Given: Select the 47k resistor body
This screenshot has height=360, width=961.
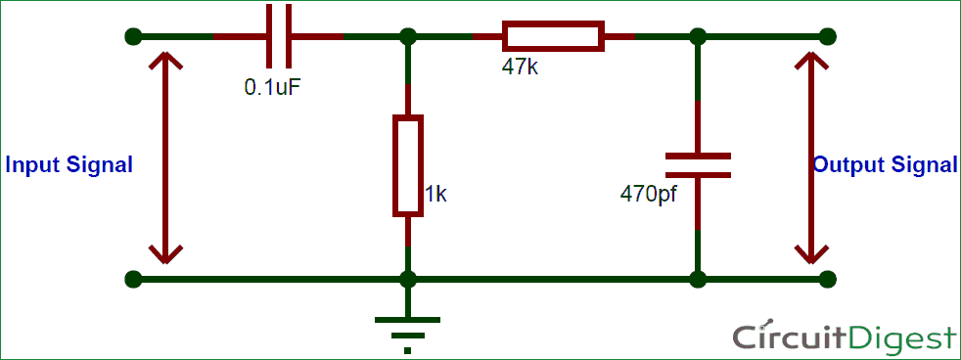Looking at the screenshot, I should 553,37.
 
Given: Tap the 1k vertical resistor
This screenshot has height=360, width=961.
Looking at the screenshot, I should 407,165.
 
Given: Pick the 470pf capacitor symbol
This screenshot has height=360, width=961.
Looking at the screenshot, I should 697,164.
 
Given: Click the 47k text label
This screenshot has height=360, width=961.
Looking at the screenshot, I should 521,69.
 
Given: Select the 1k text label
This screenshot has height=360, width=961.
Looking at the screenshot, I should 436,194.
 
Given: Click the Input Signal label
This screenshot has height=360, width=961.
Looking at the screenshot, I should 69,165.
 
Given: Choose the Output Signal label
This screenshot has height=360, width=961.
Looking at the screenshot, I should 886,165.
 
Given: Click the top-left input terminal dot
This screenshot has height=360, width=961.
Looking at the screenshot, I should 133,37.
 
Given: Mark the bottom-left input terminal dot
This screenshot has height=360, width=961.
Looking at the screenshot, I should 133,279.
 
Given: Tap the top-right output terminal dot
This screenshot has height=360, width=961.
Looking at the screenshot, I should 828,37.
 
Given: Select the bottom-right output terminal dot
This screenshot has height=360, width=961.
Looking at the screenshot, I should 828,279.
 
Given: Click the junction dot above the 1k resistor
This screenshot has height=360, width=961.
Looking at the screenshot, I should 407,37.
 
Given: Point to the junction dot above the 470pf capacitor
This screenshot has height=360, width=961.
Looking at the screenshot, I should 697,37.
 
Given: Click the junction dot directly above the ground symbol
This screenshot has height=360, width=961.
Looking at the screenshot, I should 407,279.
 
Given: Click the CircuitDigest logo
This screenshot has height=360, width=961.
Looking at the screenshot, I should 844,337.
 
